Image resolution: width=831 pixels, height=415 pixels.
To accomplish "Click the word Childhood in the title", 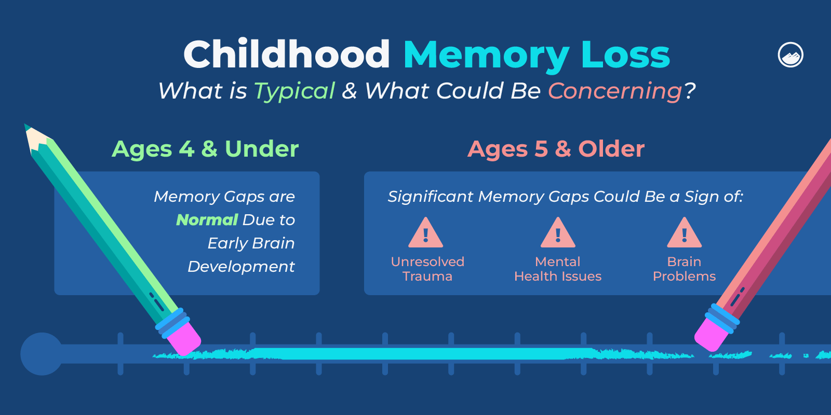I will [x=286, y=54].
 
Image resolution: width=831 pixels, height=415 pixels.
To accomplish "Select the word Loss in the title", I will [x=625, y=54].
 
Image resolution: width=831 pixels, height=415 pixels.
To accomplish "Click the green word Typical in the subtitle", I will [x=294, y=91].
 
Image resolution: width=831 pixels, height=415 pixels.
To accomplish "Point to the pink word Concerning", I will [x=615, y=91].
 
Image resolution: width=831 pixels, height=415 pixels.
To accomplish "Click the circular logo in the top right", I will [x=790, y=54].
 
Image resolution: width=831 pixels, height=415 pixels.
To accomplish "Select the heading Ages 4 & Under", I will [x=205, y=149].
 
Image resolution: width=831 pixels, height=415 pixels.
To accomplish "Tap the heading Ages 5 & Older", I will [x=556, y=149].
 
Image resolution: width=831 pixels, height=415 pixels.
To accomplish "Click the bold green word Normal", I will [x=207, y=220].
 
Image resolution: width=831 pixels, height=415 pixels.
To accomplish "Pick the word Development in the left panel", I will [x=241, y=267].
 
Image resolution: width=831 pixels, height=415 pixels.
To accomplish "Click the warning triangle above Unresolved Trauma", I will [x=426, y=234].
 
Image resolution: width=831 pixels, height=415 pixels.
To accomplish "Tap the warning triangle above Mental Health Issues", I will [x=558, y=234].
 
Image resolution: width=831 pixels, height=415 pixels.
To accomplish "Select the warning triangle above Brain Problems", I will [x=684, y=234].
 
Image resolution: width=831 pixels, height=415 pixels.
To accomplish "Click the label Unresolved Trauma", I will [x=427, y=269].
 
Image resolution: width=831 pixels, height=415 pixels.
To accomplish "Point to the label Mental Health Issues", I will [x=558, y=269].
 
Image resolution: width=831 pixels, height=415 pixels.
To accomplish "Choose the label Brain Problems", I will [x=684, y=269].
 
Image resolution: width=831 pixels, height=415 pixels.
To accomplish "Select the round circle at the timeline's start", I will [x=42, y=354].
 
